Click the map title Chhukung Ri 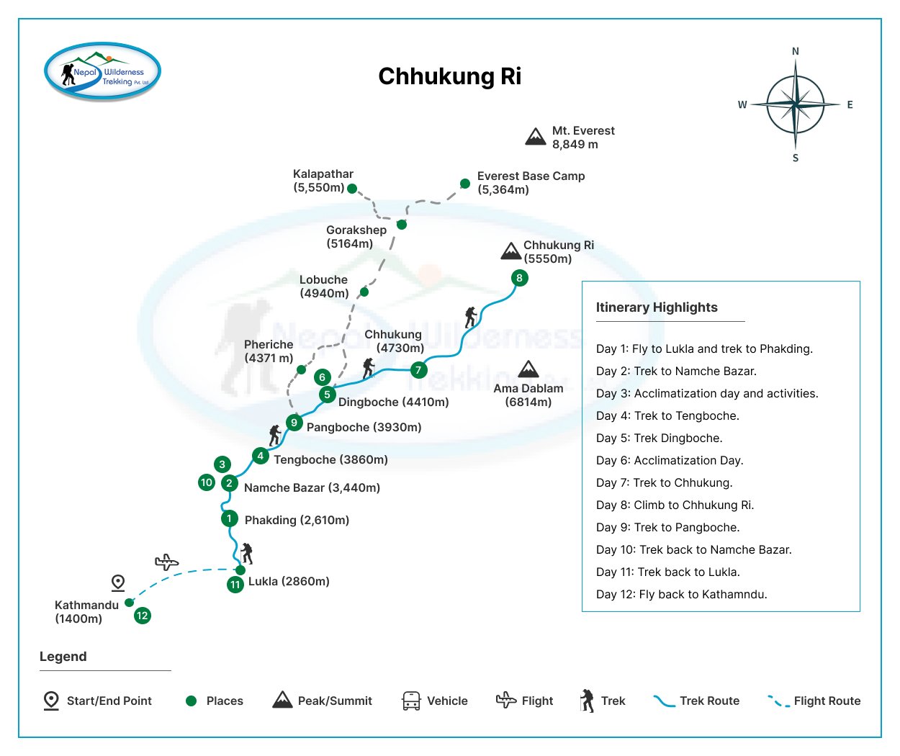pos(449,76)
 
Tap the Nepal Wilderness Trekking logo pos(102,71)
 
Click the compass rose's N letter pos(796,51)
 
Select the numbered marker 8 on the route pos(519,278)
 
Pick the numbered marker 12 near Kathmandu pos(143,616)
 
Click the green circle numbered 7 pos(418,370)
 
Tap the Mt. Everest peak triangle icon pos(536,137)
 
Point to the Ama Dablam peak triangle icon pos(528,369)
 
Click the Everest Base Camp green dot pos(465,184)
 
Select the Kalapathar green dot pos(352,189)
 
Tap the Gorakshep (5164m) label pos(356,237)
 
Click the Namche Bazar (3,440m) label pos(312,487)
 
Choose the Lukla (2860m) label pos(289,581)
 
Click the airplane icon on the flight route pos(166,562)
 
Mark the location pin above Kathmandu pos(118,582)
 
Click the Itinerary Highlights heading pos(657,307)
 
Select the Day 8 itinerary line pos(675,505)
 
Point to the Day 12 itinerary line pos(681,594)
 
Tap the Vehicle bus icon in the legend pos(411,701)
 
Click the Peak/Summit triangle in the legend pos(282,700)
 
